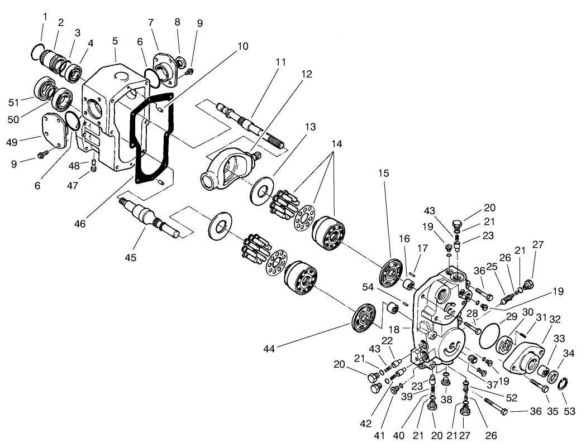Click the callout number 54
[x=368, y=287]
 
